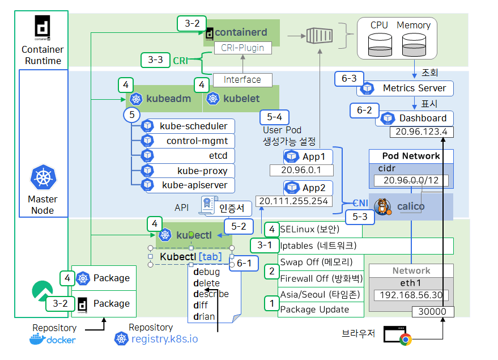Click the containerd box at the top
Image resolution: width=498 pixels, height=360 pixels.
[x=242, y=33]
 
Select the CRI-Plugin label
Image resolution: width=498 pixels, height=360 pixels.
[x=242, y=48]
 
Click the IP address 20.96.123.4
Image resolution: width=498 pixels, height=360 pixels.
[x=422, y=132]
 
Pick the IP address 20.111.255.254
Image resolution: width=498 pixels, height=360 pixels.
[x=293, y=201]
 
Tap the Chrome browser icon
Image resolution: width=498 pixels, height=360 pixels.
[x=405, y=339]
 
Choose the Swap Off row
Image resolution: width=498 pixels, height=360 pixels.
[x=316, y=262]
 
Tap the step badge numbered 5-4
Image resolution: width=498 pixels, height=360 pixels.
[x=274, y=117]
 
